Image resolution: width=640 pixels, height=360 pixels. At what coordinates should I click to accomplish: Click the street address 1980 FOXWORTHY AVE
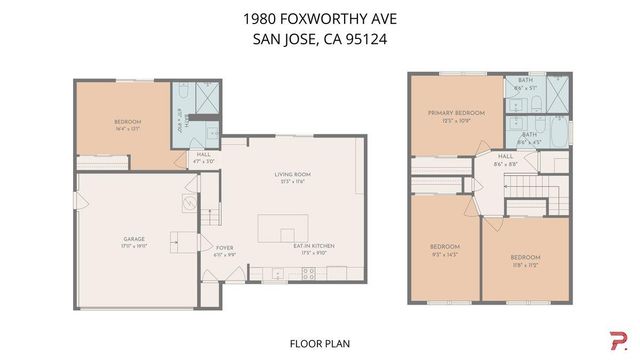(x=320, y=18)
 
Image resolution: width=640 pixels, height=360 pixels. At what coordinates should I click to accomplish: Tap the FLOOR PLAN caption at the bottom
(x=320, y=343)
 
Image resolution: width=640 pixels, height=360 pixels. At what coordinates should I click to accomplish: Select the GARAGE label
(x=134, y=239)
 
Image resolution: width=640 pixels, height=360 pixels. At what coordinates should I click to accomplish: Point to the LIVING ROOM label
(x=293, y=175)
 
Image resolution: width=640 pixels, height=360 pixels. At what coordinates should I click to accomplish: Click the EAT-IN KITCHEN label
(x=313, y=246)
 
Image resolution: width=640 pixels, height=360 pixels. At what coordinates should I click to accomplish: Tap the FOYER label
(x=224, y=247)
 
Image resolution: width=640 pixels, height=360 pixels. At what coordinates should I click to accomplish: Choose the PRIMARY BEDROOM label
(x=456, y=113)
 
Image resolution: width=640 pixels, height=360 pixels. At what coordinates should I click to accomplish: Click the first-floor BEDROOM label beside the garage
(x=128, y=122)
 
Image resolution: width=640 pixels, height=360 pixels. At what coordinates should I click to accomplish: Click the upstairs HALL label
(x=505, y=156)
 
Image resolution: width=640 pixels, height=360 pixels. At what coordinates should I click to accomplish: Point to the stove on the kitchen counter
(x=309, y=272)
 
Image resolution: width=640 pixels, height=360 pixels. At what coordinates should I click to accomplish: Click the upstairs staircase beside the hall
(x=526, y=186)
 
